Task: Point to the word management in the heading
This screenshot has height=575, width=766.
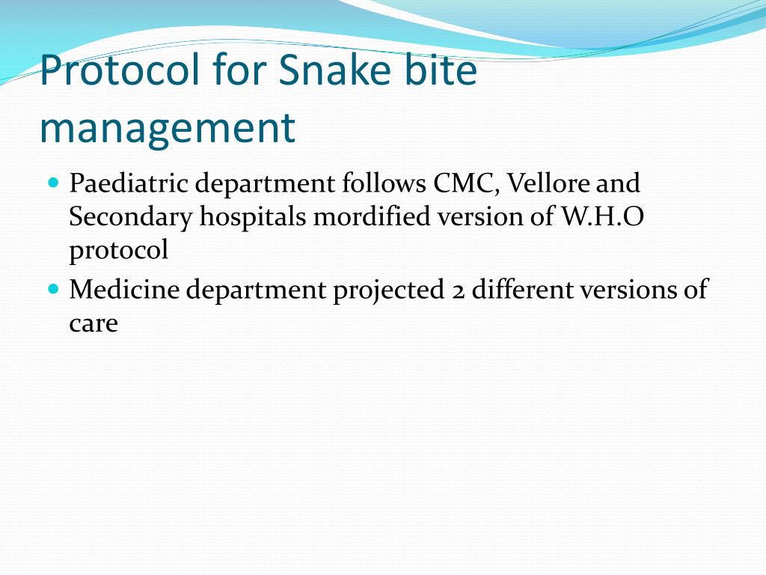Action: [x=167, y=128]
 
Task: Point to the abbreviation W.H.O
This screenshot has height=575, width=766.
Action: [x=601, y=216]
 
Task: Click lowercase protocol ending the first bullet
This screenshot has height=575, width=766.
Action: [x=119, y=250]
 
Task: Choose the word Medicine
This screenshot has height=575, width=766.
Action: [x=123, y=290]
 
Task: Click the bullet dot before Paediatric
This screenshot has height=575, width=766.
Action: [x=53, y=182]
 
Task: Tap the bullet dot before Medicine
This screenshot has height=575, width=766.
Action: [x=53, y=288]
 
